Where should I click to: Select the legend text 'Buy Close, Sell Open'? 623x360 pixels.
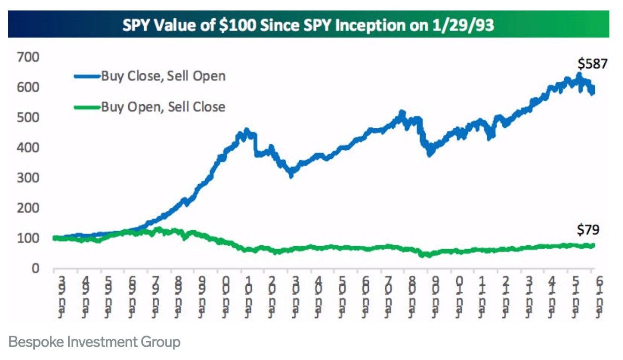(163, 76)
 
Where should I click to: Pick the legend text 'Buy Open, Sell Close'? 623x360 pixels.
(163, 107)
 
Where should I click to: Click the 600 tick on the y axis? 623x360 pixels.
(29, 88)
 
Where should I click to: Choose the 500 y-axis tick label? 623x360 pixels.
(29, 118)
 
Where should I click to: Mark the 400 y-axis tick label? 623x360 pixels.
(29, 148)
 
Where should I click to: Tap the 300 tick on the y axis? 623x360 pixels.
(29, 178)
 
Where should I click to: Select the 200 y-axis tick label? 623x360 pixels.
(29, 208)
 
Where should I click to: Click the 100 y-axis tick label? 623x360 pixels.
(29, 238)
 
